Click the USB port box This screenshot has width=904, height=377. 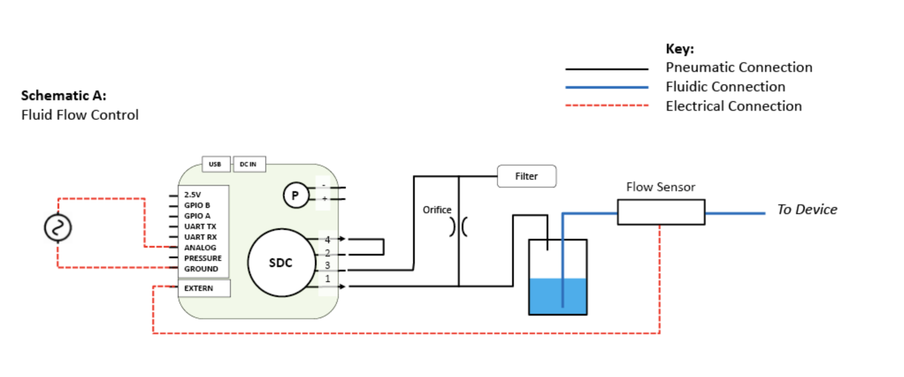pyautogui.click(x=215, y=164)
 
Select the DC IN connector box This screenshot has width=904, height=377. pyautogui.click(x=248, y=164)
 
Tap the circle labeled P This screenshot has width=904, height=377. pyautogui.click(x=295, y=195)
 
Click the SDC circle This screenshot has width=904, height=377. pyautogui.click(x=281, y=263)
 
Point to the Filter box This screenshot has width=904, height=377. pyautogui.click(x=526, y=176)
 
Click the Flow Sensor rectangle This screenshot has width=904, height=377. pyautogui.click(x=661, y=212)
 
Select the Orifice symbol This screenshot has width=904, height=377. pyautogui.click(x=458, y=227)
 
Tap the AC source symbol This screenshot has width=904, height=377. pyautogui.click(x=57, y=228)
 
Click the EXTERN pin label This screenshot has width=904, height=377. pyautogui.click(x=198, y=288)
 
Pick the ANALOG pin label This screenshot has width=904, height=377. pyautogui.click(x=200, y=247)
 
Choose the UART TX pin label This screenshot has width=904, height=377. pyautogui.click(x=200, y=226)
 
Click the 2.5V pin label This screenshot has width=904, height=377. pyautogui.click(x=192, y=194)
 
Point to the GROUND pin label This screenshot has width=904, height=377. pyautogui.click(x=201, y=269)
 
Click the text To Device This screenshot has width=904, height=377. pyautogui.click(x=807, y=210)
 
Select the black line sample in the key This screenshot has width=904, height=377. pyautogui.click(x=606, y=69)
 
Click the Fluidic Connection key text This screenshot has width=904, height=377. pyautogui.click(x=725, y=87)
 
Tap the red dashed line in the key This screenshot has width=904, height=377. pyautogui.click(x=606, y=106)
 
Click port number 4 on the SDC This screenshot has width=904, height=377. pyautogui.click(x=328, y=239)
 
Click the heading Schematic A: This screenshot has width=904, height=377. pyautogui.click(x=64, y=96)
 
